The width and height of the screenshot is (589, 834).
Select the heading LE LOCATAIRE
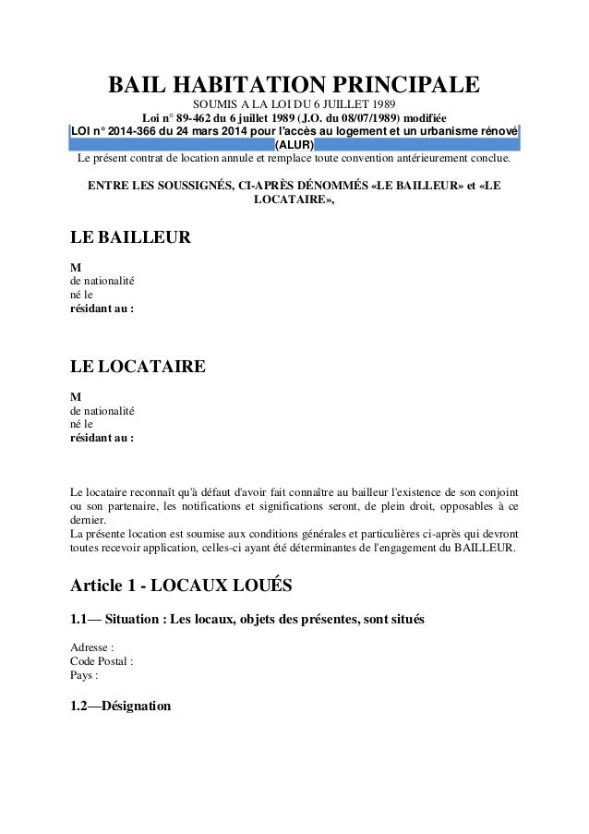[x=138, y=367]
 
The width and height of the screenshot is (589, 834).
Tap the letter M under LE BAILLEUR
[x=76, y=266]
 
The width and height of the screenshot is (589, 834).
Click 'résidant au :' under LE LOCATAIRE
[x=102, y=438]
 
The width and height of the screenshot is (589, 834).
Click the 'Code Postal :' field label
[x=102, y=661]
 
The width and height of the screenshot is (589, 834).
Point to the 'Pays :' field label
[x=84, y=675]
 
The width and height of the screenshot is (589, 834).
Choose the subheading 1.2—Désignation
[x=121, y=707]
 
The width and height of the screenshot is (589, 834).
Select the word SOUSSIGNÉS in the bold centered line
[x=186, y=184]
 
